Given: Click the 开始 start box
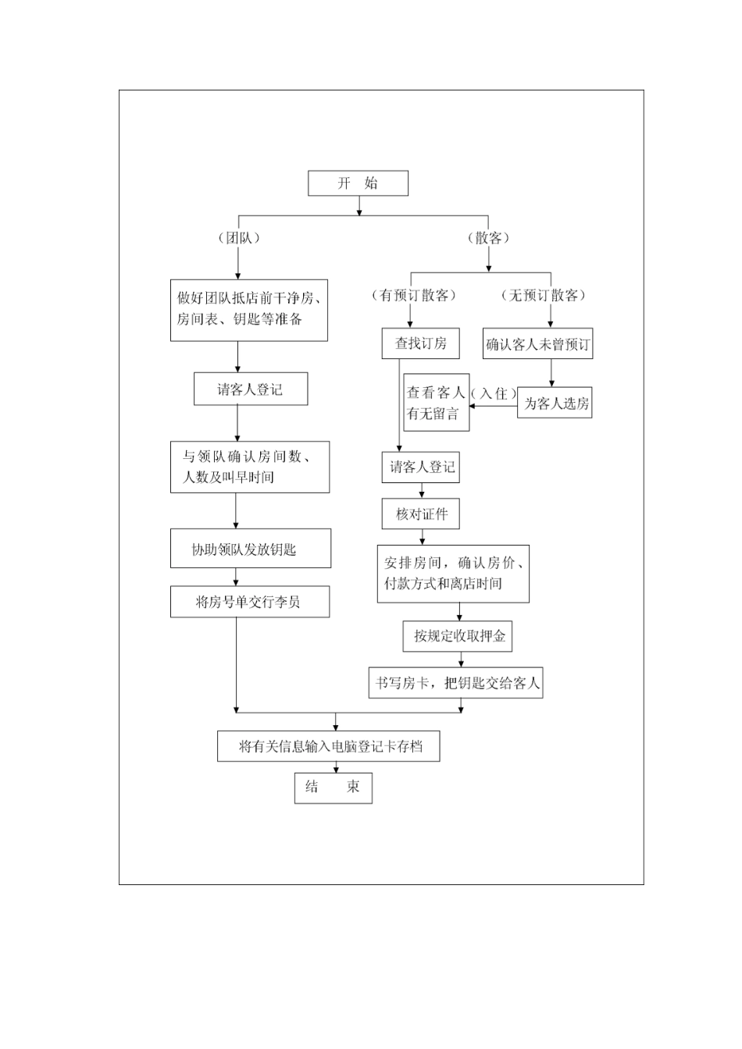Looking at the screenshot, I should pyautogui.click(x=358, y=183).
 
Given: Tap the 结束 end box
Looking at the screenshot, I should pyautogui.click(x=333, y=788).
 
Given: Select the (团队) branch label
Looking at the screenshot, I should pyautogui.click(x=238, y=238).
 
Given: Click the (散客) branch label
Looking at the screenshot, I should pyautogui.click(x=488, y=238).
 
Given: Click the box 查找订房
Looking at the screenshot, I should pyautogui.click(x=420, y=343).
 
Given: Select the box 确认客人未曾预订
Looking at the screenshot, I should pyautogui.click(x=537, y=344).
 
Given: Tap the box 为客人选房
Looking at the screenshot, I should pyautogui.click(x=555, y=404).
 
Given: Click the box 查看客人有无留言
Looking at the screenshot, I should pyautogui.click(x=436, y=403).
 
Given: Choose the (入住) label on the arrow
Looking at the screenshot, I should pyautogui.click(x=493, y=393).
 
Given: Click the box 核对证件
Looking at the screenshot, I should pyautogui.click(x=422, y=514).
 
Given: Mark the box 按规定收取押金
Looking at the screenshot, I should pyautogui.click(x=458, y=636).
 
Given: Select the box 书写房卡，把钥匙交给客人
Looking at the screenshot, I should pyautogui.click(x=456, y=683).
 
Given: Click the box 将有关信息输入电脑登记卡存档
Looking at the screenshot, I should pyautogui.click(x=329, y=746).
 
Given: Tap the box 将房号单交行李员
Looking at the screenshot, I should pyautogui.click(x=249, y=602).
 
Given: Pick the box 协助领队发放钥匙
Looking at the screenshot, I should pyautogui.click(x=250, y=549).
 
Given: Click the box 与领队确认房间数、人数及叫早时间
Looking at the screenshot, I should pyautogui.click(x=249, y=467).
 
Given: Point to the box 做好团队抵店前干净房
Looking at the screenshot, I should pyautogui.click(x=248, y=309).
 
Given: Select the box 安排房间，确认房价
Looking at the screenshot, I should pyautogui.click(x=453, y=573).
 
